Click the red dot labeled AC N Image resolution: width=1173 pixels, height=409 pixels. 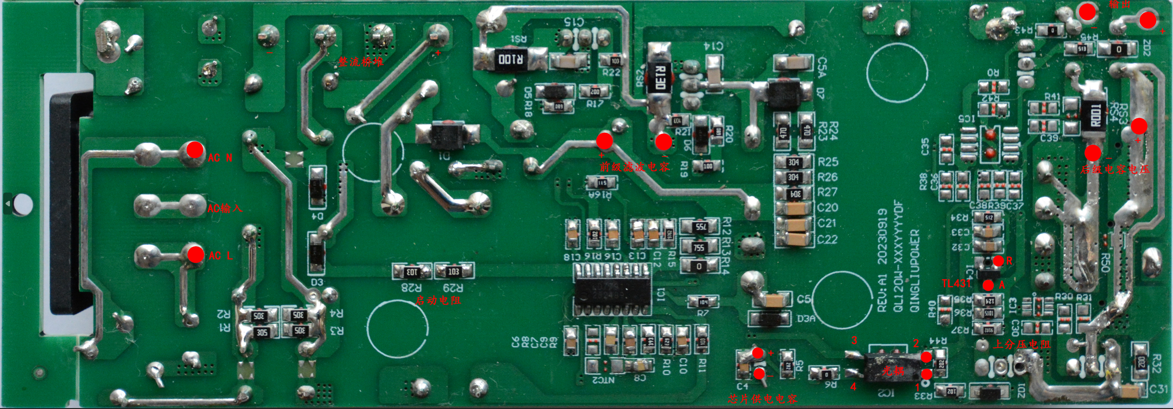click(x=195, y=149)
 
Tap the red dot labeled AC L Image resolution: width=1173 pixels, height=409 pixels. click(x=196, y=254)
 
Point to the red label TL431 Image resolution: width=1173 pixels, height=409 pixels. click(x=956, y=283)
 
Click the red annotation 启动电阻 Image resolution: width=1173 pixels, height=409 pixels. click(x=438, y=300)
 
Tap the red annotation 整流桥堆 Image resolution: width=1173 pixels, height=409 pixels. click(x=361, y=62)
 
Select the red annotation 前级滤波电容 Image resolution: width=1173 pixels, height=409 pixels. click(x=635, y=167)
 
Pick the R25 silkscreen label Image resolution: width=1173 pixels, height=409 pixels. click(x=827, y=162)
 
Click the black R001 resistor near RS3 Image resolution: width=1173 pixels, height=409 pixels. click(x=1095, y=115)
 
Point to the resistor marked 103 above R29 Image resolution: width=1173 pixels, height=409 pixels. click(x=453, y=271)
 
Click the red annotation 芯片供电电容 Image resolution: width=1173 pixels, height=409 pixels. click(x=763, y=398)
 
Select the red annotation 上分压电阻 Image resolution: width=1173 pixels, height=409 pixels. click(x=1021, y=344)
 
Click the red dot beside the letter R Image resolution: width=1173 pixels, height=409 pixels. click(x=998, y=261)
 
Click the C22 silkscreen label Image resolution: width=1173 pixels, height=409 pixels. click(x=827, y=239)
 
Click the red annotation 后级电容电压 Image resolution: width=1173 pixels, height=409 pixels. click(x=1115, y=169)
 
